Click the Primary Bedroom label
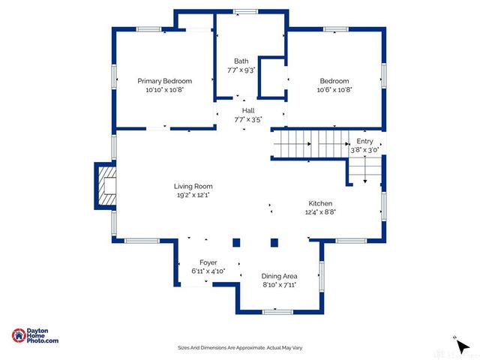pyautogui.click(x=164, y=81)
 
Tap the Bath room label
pyautogui.click(x=241, y=61)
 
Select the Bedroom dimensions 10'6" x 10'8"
pyautogui.click(x=334, y=89)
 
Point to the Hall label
pyautogui.click(x=247, y=110)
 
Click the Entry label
pyautogui.click(x=364, y=141)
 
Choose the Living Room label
pyautogui.click(x=193, y=187)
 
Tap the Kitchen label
pyautogui.click(x=320, y=203)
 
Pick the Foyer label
pyautogui.click(x=208, y=262)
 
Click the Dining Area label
pyautogui.click(x=279, y=277)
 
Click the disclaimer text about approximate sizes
pyautogui.click(x=240, y=347)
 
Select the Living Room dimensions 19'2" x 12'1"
pyautogui.click(x=193, y=195)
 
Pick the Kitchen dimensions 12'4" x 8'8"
pyautogui.click(x=320, y=211)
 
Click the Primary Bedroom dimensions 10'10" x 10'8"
pyautogui.click(x=164, y=89)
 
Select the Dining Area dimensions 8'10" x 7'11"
pyautogui.click(x=279, y=285)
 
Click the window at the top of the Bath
pyautogui.click(x=244, y=11)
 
